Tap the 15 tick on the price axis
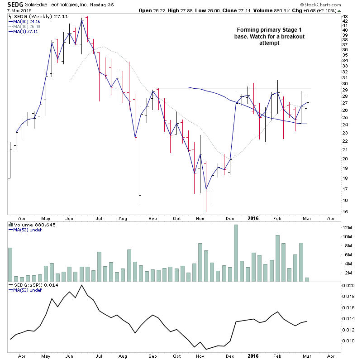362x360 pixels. [345, 211]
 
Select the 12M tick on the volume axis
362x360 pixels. [346, 227]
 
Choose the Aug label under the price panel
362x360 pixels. [123, 218]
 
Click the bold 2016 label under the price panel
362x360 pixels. [252, 218]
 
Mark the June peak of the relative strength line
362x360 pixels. [81, 285]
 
